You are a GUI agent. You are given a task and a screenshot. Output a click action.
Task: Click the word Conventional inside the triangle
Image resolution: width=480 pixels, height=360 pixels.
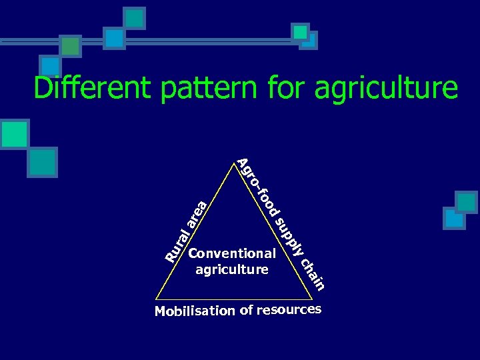[232, 253]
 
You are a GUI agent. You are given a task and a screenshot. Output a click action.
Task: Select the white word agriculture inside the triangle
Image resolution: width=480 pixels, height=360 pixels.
[232, 270]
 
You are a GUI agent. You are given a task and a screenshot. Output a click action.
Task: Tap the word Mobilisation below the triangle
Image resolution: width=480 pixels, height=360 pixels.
[195, 311]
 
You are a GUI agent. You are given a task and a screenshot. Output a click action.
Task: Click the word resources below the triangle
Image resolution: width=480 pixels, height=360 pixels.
[289, 310]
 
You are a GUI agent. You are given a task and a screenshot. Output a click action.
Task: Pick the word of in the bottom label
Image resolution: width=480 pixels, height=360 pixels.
[247, 311]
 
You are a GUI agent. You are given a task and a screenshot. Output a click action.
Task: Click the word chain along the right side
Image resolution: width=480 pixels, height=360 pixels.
[313, 273]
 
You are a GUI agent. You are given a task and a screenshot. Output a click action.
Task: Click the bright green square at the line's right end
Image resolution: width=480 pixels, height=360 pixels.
[300, 32]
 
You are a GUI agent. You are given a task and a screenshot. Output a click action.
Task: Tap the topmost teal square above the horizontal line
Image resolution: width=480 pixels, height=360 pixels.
[135, 17]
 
